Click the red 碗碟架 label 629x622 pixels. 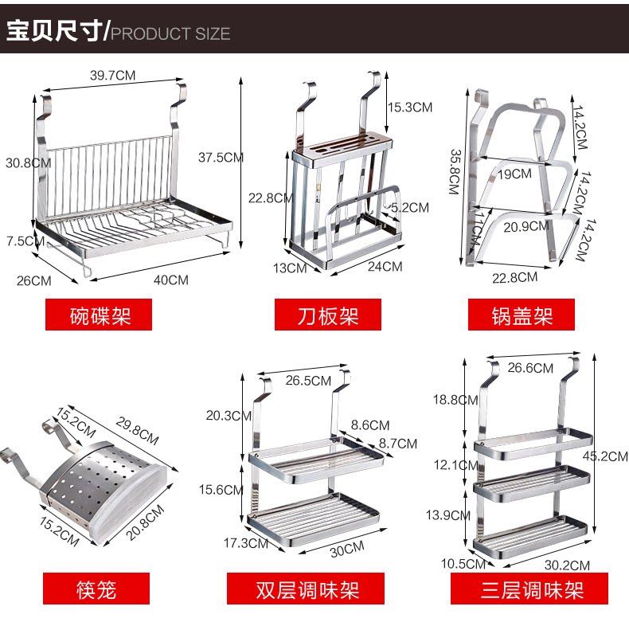(x=100, y=315)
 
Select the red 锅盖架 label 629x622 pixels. (x=522, y=315)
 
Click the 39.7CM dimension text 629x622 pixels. (x=112, y=76)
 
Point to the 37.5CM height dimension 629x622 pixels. (x=221, y=158)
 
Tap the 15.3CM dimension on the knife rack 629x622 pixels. (x=410, y=107)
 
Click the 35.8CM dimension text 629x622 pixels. (x=455, y=171)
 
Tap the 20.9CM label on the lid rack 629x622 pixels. (x=525, y=226)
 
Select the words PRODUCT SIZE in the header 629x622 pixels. (x=170, y=33)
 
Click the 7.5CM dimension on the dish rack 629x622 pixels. (x=22, y=241)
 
